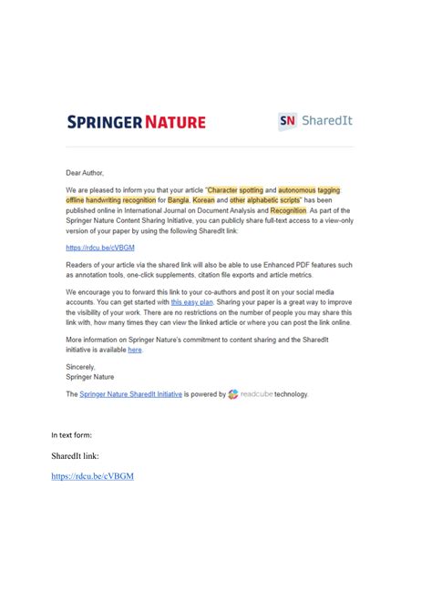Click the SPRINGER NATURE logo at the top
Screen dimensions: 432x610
(137, 122)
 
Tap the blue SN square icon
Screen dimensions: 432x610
(288, 122)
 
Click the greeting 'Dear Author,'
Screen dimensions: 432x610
(85, 172)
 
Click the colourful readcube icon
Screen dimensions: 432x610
(233, 394)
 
